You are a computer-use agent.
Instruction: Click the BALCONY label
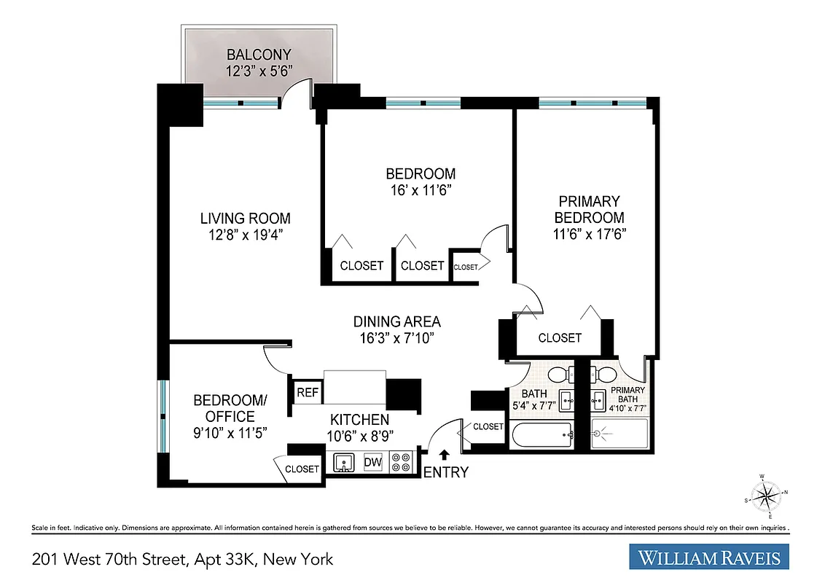point(259,55)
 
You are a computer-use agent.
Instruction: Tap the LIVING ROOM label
point(246,218)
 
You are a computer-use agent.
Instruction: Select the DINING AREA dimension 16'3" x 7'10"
point(397,338)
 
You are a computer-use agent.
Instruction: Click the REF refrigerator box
point(308,393)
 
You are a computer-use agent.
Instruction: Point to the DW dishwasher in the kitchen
point(373,462)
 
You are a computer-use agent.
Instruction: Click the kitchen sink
point(344,462)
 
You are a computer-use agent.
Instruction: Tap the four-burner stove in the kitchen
point(400,462)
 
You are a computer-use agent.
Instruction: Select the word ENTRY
point(445,472)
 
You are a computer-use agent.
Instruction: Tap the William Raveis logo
point(709,558)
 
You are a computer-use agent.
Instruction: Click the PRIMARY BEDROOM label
point(589,208)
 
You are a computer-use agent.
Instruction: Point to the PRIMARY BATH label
point(628,394)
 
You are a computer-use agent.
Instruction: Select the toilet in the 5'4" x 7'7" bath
point(559,375)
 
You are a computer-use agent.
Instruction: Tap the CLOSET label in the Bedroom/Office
point(302,469)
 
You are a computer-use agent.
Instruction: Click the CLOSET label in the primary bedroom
point(560,337)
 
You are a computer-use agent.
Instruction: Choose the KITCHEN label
point(359,420)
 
